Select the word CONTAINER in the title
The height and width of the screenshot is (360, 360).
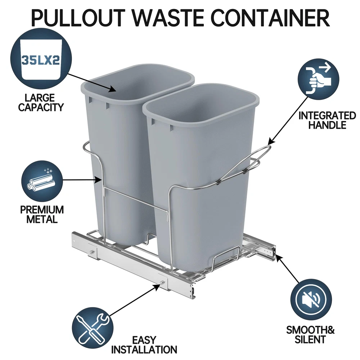[x=270, y=18]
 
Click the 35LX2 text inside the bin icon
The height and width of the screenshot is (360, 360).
[x=41, y=60]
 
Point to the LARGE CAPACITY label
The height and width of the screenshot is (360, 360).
[x=41, y=103]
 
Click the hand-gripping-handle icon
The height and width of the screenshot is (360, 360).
[x=318, y=79]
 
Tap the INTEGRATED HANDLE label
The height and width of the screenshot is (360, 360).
[x=327, y=120]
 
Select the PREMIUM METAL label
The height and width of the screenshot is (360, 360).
[x=42, y=215]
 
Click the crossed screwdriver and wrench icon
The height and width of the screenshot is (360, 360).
[x=93, y=328]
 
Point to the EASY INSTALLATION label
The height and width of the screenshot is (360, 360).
[x=144, y=345]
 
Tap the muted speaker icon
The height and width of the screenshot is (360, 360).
[x=311, y=300]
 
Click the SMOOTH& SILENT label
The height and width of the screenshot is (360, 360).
[x=310, y=335]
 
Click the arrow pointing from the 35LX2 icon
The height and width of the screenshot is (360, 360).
[x=91, y=82]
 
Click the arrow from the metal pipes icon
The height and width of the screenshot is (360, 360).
[x=82, y=180]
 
